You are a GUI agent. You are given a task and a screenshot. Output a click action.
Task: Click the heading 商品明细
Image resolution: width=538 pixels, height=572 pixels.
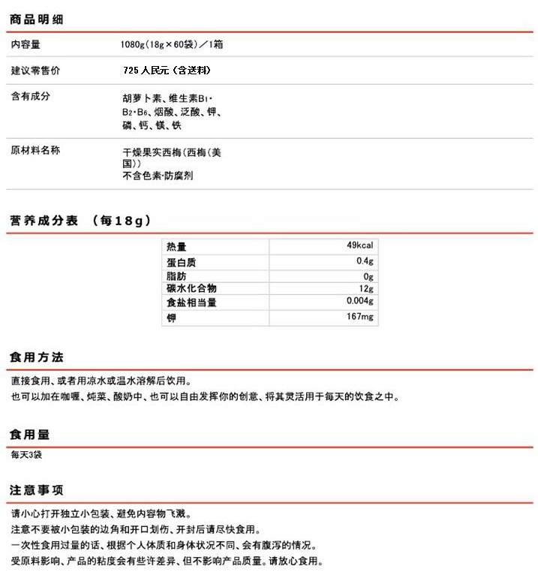tap(36, 19)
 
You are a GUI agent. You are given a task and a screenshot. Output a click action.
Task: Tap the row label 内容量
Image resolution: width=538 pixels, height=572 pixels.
tap(26, 44)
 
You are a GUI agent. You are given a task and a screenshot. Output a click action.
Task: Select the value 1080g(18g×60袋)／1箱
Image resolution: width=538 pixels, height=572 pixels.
tap(171, 44)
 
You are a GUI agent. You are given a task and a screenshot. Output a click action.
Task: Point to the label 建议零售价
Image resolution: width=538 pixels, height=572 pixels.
tap(35, 71)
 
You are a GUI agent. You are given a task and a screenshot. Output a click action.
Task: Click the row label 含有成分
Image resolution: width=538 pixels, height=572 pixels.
tap(31, 97)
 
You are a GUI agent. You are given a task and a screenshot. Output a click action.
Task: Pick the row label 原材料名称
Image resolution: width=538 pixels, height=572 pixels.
tap(35, 150)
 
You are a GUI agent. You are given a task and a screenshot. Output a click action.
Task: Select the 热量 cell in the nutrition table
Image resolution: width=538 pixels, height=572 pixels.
tap(176, 247)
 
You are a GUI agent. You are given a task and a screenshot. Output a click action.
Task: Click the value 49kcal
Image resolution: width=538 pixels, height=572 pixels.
tap(359, 246)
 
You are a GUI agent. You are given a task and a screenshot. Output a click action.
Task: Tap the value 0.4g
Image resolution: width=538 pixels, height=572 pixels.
tap(365, 261)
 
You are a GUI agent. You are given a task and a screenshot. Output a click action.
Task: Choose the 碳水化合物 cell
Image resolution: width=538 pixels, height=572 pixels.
tap(191, 289)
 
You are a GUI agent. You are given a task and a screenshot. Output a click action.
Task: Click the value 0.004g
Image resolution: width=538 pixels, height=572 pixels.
tap(359, 302)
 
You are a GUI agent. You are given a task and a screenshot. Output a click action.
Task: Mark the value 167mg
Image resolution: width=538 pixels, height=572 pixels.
tap(360, 318)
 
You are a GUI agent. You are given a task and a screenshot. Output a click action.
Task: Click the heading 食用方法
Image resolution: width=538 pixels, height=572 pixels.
tap(36, 357)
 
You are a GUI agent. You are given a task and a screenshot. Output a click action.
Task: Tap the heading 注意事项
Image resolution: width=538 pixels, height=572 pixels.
tap(36, 490)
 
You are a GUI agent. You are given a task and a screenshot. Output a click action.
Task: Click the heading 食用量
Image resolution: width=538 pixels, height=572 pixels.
tap(31, 435)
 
